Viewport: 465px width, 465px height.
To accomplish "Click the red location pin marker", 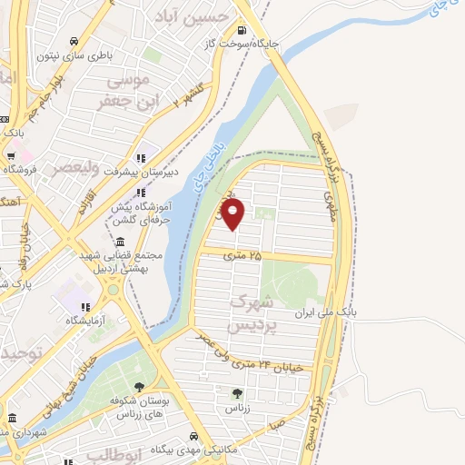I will pos(233,215).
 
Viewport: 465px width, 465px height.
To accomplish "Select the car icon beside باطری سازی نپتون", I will pos(84,41).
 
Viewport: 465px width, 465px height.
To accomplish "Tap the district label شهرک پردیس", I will pos(252,312).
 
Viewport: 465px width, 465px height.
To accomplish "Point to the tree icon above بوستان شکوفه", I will pos(139,388).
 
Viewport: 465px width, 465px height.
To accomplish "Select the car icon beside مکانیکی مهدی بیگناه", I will pos(208,437).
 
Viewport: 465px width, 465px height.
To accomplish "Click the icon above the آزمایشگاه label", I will pos(84,307).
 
